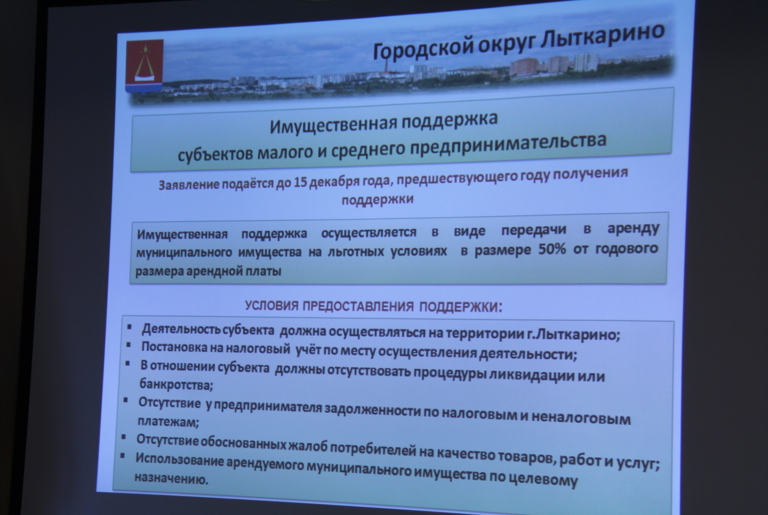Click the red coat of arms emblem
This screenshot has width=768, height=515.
[x=144, y=66]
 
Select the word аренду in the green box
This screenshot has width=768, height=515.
[x=633, y=229]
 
